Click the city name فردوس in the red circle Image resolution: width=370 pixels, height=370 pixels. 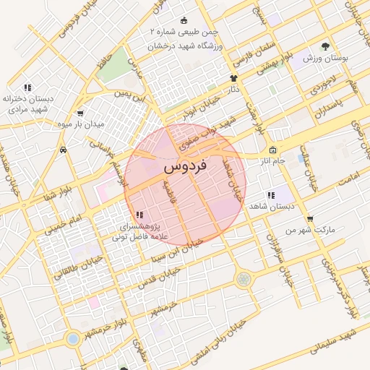click(x=186, y=166)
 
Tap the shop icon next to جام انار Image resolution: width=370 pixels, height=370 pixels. click(x=282, y=150)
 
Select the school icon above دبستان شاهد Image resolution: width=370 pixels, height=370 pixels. click(x=270, y=195)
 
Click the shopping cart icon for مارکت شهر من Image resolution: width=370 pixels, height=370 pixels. click(x=309, y=218)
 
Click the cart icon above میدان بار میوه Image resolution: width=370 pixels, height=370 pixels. click(x=79, y=113)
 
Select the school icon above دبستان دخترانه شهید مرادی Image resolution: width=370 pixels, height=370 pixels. click(x=27, y=87)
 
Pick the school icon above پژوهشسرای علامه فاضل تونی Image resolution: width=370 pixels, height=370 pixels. click(x=139, y=215)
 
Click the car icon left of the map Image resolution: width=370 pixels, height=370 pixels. click(x=64, y=150)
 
